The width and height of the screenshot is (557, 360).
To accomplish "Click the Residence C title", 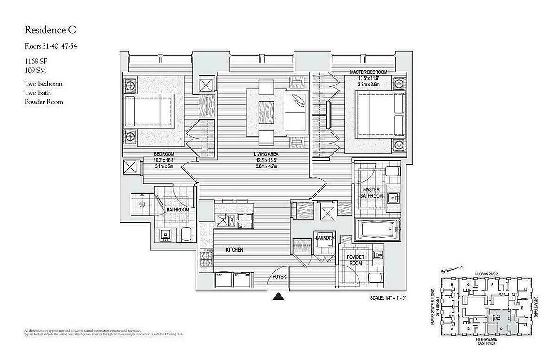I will click(50, 30).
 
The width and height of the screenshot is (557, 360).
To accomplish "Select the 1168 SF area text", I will click(36, 61).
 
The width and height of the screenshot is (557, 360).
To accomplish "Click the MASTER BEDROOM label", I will click(368, 72).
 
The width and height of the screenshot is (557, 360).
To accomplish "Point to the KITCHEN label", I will click(234, 250).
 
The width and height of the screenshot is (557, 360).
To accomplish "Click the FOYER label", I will click(279, 276).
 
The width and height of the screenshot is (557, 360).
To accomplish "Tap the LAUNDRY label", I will click(324, 238).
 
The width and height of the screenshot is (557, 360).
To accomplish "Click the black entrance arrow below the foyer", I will click(279, 296).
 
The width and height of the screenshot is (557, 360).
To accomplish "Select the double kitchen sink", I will click(224, 221).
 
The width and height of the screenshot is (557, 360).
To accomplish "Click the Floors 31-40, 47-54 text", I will click(50, 46).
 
